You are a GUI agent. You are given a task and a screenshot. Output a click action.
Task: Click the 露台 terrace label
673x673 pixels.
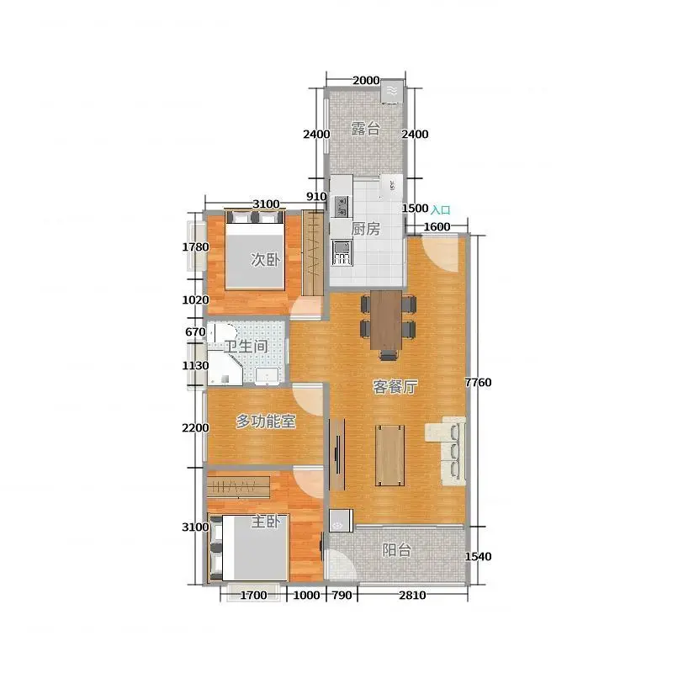tap(365, 129)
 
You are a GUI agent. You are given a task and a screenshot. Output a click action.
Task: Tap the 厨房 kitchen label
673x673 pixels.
tap(366, 229)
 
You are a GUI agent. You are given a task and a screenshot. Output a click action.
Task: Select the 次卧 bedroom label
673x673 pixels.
tap(265, 259)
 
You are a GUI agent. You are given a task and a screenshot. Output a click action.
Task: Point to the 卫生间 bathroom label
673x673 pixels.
tap(246, 346)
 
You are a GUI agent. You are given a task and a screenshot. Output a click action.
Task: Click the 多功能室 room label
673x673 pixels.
tap(266, 421)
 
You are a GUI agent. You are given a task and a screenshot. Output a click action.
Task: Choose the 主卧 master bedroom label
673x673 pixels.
tap(266, 522)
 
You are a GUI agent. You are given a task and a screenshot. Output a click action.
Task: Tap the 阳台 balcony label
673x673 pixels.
tap(396, 550)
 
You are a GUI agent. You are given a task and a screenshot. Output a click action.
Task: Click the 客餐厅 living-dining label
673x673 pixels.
tap(395, 387)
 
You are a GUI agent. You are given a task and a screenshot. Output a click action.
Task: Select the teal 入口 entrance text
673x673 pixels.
tap(441, 209)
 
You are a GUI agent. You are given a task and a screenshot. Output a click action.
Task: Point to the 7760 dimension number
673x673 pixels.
tap(478, 382)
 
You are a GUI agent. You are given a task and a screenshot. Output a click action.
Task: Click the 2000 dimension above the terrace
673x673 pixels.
tap(366, 80)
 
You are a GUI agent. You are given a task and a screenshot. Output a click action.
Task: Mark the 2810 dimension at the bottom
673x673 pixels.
tap(412, 595)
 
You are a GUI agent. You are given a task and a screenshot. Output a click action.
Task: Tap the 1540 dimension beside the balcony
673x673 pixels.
tap(478, 556)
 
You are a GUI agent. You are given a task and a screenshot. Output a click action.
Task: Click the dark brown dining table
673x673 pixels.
tap(386, 321)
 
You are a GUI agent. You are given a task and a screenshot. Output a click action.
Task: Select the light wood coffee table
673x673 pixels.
tap(389, 455)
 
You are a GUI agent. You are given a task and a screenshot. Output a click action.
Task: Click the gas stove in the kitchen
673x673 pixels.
tap(342, 206)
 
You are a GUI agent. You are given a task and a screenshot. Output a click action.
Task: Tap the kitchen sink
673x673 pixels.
tap(342, 252)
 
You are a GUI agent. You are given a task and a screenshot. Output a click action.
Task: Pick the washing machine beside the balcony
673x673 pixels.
tap(341, 520)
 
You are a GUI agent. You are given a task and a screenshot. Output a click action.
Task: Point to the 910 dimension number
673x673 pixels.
tap(316, 197)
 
